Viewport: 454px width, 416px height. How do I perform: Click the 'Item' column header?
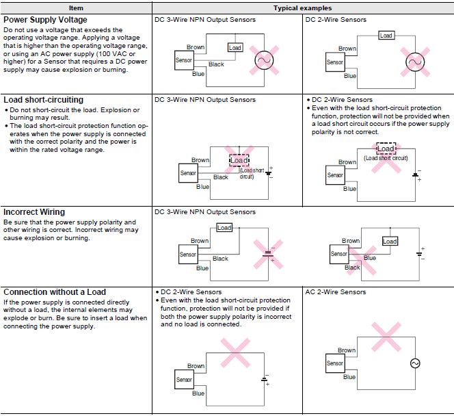coord(77,8)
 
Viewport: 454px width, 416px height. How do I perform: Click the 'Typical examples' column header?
coord(302,8)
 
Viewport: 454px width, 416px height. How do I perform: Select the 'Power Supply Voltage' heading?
coord(46,20)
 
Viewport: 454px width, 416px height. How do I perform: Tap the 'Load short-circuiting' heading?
coord(44,100)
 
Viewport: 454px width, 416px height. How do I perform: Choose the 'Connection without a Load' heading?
coord(55,292)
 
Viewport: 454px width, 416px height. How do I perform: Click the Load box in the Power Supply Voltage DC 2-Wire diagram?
coord(386,36)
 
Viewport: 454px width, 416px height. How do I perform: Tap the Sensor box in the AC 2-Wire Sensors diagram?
coord(335,363)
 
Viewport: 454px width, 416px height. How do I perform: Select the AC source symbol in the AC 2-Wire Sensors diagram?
coord(415,363)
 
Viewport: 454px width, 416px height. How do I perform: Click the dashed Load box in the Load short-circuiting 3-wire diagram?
coord(239,160)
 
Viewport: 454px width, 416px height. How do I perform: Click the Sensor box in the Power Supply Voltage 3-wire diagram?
coord(184,61)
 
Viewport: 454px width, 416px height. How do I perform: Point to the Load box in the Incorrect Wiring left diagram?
coord(224,228)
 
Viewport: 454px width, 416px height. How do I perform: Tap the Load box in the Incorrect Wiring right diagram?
coord(390,242)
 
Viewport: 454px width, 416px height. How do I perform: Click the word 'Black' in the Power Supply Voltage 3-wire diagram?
coord(216,64)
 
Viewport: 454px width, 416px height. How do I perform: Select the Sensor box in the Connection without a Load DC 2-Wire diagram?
coord(184,380)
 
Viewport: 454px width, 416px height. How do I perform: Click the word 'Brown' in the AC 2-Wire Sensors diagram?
coord(347,350)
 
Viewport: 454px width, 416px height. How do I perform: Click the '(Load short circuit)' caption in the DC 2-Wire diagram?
coord(386,158)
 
